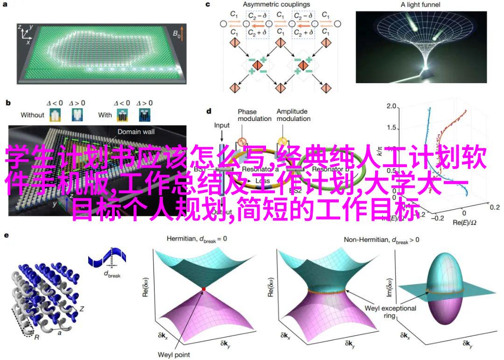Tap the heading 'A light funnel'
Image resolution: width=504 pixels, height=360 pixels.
pos(420,5)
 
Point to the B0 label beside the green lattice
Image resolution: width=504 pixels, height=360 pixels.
pos(176,34)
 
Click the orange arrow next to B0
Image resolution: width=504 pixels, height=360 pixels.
pos(183,33)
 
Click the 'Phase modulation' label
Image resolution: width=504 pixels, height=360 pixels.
pos(254,115)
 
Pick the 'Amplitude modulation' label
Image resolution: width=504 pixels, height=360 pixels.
pos(293,115)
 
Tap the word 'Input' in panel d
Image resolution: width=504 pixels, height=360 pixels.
pos(222,126)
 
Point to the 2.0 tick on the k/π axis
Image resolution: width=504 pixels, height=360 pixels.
pos(392,107)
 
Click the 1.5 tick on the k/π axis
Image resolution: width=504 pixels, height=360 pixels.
pos(392,127)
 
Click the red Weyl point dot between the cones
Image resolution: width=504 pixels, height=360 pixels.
pos(203,290)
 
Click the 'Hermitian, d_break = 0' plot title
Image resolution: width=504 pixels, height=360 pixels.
pos(197,239)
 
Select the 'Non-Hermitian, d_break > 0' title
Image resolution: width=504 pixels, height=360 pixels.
pos(381,240)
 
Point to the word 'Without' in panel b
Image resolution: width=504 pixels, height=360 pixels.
pos(33,114)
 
